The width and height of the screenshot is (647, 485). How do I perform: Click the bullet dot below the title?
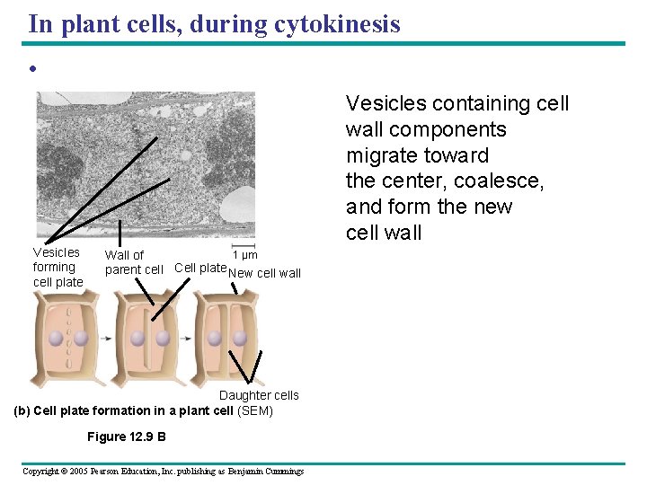pos(31,70)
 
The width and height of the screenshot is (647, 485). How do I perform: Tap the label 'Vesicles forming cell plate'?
pos(57,267)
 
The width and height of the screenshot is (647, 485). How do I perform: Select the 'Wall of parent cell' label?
pos(133,262)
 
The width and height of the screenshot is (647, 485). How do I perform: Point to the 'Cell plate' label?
pos(199,268)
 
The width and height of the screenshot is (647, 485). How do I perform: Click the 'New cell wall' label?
pos(265,273)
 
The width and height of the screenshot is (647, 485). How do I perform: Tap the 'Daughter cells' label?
pos(259,395)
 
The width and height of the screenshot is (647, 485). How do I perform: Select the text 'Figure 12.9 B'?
pos(126,437)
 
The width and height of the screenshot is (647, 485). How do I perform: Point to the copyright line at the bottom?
pos(163,471)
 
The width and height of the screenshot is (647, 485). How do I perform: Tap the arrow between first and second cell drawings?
pos(104,339)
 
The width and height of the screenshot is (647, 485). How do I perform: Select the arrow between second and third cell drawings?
pos(184,339)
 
